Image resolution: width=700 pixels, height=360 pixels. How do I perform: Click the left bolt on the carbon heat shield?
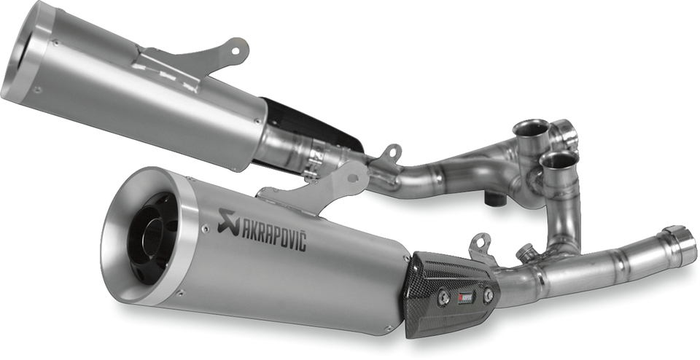tap(442, 297)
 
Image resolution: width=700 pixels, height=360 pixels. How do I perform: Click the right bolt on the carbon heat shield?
tap(488, 294)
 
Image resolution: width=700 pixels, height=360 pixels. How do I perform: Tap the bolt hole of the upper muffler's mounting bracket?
tap(238, 47)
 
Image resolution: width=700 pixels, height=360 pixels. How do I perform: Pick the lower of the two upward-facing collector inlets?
tap(560, 160)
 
